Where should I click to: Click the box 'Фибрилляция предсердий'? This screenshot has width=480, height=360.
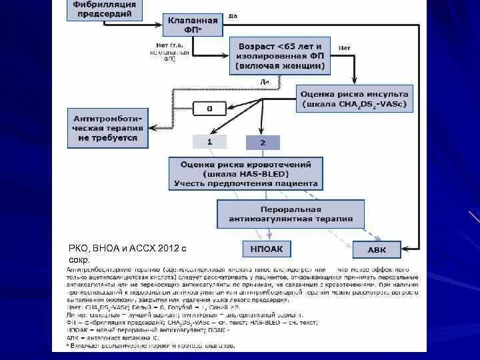click(104, 9)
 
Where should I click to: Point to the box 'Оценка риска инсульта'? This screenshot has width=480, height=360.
click(355, 99)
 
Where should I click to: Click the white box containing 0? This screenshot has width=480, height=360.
click(209, 107)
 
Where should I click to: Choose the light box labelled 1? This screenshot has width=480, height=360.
click(209, 141)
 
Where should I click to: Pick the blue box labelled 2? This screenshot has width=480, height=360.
click(263, 142)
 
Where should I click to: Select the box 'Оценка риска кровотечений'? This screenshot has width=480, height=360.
click(245, 173)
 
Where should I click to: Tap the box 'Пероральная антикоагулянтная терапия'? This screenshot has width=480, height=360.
click(291, 213)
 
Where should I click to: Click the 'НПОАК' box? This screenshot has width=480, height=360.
click(266, 250)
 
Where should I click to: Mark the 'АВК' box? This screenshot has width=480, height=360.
click(377, 250)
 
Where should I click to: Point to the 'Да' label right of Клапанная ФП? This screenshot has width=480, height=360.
click(233, 15)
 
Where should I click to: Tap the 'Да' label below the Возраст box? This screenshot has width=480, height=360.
click(264, 81)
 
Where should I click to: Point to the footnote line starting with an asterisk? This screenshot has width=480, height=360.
click(150, 346)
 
